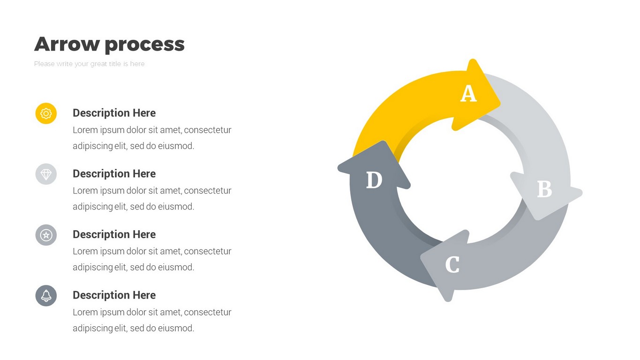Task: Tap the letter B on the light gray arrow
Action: click(544, 189)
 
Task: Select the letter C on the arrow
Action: click(452, 264)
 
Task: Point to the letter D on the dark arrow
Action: click(374, 180)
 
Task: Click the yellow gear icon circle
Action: click(46, 113)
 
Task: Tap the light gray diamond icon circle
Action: click(46, 174)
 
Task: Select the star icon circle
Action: click(46, 235)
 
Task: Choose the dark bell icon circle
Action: click(46, 295)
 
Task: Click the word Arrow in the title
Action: click(67, 44)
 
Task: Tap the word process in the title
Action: click(145, 45)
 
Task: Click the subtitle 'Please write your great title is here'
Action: click(89, 64)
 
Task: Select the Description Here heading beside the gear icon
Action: click(114, 113)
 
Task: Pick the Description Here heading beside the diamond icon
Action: click(114, 173)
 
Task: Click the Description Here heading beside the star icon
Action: click(114, 234)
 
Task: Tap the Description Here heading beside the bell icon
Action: click(114, 295)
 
